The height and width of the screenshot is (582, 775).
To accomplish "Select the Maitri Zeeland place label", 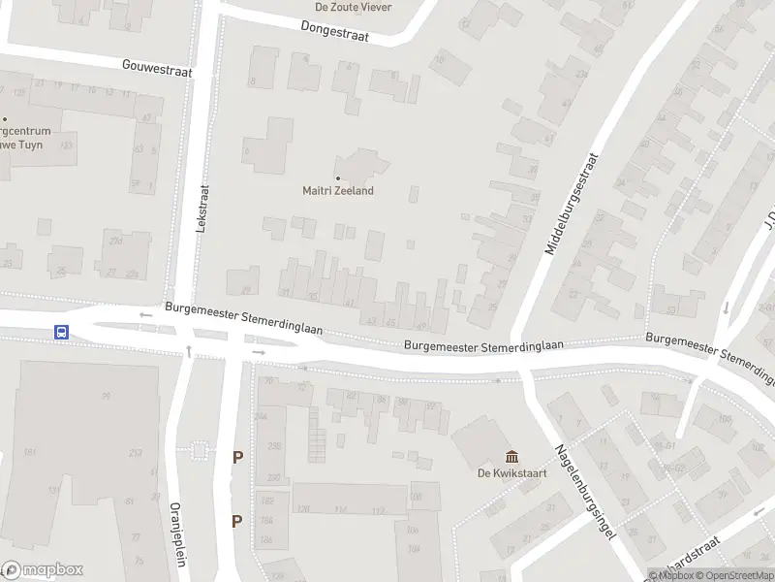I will (x=338, y=191).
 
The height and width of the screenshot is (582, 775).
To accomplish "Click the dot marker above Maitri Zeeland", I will (x=338, y=178).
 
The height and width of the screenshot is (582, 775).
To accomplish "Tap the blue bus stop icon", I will (x=61, y=332).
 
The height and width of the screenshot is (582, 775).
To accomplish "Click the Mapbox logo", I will (x=43, y=570).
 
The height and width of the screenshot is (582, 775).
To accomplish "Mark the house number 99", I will (x=106, y=396).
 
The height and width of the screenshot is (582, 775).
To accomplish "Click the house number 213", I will (x=135, y=453).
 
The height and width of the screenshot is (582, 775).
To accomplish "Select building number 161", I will (x=30, y=453).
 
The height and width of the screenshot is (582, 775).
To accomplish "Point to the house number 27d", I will (x=116, y=240).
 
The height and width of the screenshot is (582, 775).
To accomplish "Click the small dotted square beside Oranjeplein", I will (x=200, y=450).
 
